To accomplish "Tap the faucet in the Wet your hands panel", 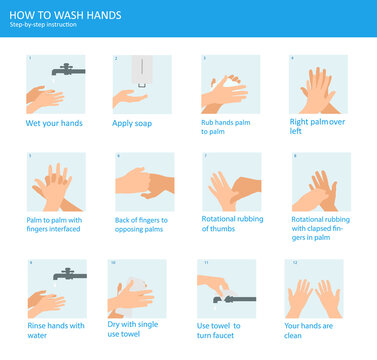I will pos(67,70).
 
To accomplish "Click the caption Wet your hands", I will pos(54,124).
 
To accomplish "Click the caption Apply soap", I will pos(138,124).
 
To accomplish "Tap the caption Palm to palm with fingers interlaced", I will pos(54,224).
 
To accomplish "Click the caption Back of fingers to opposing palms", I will pos(142,224).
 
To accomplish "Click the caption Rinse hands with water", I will pos(55,329).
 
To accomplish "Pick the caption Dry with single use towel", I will pos(141,329).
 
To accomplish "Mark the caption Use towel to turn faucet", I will pos(228,329).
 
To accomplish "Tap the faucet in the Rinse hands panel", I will pos(68,274).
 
